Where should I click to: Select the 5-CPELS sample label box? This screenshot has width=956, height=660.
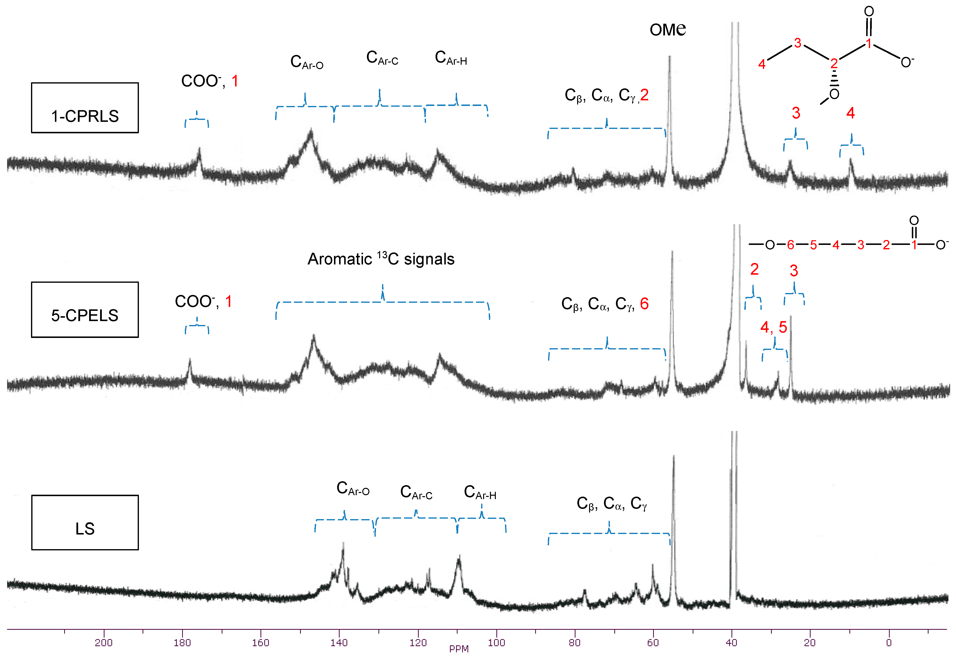(x=85, y=310)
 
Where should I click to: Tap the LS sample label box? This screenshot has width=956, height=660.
(x=85, y=522)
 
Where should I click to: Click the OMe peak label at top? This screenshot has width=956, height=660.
(x=667, y=29)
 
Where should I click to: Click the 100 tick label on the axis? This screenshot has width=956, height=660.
(x=496, y=643)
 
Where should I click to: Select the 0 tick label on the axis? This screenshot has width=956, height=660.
(x=888, y=643)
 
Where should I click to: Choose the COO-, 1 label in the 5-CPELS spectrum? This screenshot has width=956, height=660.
(x=203, y=302)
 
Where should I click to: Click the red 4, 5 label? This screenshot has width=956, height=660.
(x=773, y=327)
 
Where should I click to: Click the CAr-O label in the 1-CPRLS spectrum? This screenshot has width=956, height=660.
(x=306, y=62)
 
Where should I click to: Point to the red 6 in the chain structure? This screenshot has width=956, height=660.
(x=790, y=245)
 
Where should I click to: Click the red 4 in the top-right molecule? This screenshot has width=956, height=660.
(x=762, y=64)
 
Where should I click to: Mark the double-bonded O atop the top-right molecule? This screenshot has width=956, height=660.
(x=869, y=11)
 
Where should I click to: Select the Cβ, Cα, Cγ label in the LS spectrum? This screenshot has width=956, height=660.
(x=611, y=504)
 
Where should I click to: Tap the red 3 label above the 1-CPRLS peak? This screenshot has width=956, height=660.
(x=796, y=113)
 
